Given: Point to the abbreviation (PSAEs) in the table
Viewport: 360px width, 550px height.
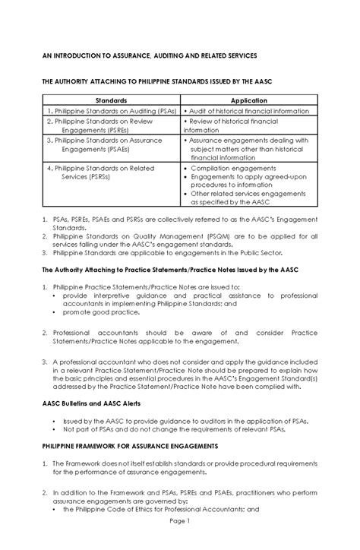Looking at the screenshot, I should coord(115,150).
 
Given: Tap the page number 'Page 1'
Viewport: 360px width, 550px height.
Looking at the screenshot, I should coord(180,543).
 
